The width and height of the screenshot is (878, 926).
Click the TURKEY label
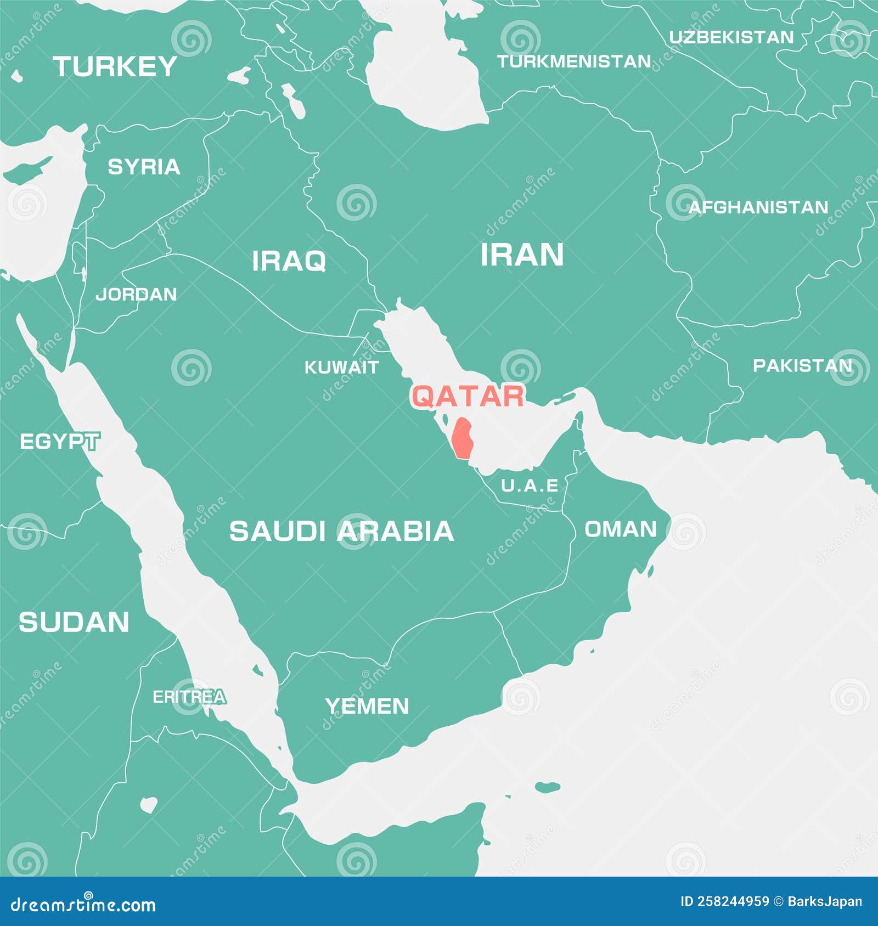coord(115,67)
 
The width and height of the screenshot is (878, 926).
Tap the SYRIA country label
coord(144,167)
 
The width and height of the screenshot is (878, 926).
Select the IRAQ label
coord(289,261)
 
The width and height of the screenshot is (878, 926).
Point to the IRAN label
coord(522,255)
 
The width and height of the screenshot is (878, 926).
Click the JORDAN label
coord(136,295)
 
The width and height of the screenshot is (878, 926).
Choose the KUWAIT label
coord(341,368)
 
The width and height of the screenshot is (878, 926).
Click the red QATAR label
coord(468,396)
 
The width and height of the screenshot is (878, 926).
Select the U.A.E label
coord(530,485)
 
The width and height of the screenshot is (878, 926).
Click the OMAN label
coord(621,530)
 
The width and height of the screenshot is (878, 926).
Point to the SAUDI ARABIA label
coord(341,532)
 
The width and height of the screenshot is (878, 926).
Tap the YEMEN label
coord(367,706)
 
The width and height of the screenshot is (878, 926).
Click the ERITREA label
coord(189,697)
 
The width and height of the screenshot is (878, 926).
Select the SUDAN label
coord(74,623)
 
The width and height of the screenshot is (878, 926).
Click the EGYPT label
coord(59,442)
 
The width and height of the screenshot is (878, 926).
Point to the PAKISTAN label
coord(802,366)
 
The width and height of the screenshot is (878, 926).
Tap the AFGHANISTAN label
coord(758,207)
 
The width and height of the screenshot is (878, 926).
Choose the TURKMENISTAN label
coord(574,61)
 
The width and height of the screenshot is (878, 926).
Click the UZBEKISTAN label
coord(731,37)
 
